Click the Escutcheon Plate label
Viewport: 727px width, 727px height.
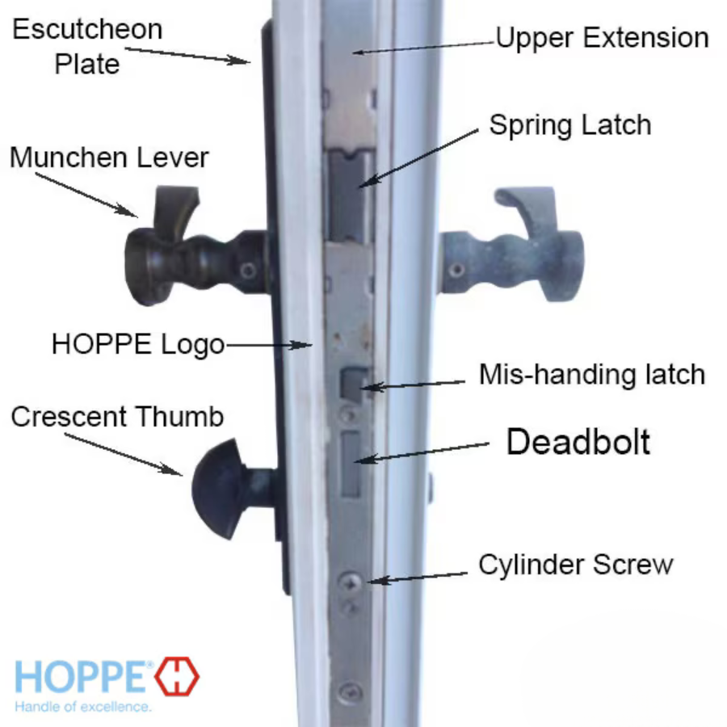coord(87,46)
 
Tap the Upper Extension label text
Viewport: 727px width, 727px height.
coord(602,38)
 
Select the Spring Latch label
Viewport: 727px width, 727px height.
coord(569,125)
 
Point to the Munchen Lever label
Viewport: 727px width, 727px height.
coord(109,157)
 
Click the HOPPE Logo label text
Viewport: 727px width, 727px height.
coord(138,344)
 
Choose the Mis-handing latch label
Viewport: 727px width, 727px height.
coord(592,375)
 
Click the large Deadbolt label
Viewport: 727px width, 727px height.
coord(578,442)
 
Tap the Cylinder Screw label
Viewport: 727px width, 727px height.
coord(575,564)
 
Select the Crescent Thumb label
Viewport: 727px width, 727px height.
coord(117,417)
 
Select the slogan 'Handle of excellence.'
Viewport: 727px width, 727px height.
coord(83,707)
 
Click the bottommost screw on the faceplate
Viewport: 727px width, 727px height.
coord(349,691)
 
